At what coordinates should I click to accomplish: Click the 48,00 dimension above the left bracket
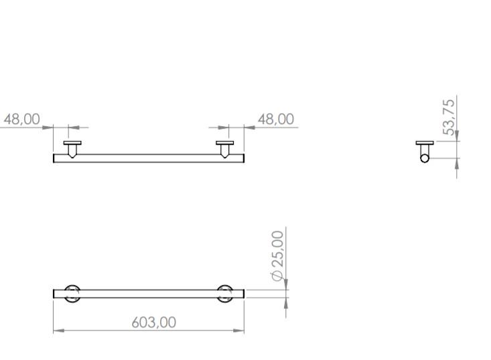22,119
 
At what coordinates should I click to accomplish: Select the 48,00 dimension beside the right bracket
275,119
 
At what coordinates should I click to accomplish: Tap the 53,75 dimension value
449,115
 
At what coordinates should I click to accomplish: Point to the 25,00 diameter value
277,248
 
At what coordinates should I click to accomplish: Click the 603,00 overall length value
153,322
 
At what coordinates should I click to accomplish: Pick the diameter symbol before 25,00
277,276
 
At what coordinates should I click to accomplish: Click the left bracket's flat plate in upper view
72,143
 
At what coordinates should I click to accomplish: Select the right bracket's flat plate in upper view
225,143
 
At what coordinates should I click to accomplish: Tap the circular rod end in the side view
424,158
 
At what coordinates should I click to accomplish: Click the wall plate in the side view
424,143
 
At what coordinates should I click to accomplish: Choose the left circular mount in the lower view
72,294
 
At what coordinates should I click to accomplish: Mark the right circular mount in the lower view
225,294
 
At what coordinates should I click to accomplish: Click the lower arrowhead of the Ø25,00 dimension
286,302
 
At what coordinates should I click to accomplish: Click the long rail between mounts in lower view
148,294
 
